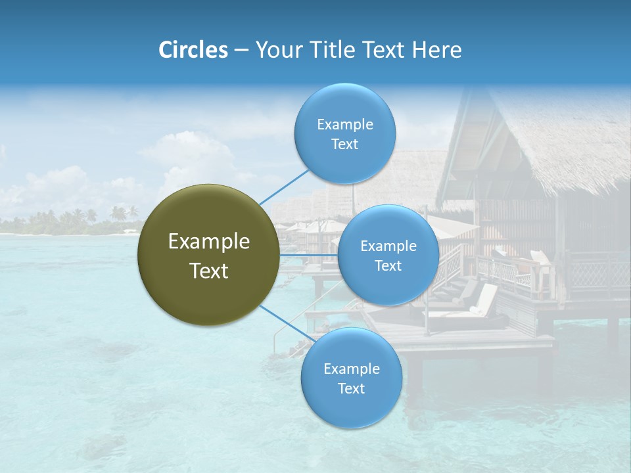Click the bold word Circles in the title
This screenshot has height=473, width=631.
coord(193,50)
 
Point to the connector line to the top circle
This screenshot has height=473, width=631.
coord(284,187)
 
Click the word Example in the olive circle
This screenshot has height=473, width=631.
coord(208,242)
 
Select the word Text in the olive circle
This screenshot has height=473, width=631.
coord(208,271)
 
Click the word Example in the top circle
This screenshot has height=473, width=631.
coord(344,124)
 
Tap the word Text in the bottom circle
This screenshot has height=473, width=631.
coord(351,388)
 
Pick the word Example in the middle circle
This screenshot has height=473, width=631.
coord(388,246)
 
